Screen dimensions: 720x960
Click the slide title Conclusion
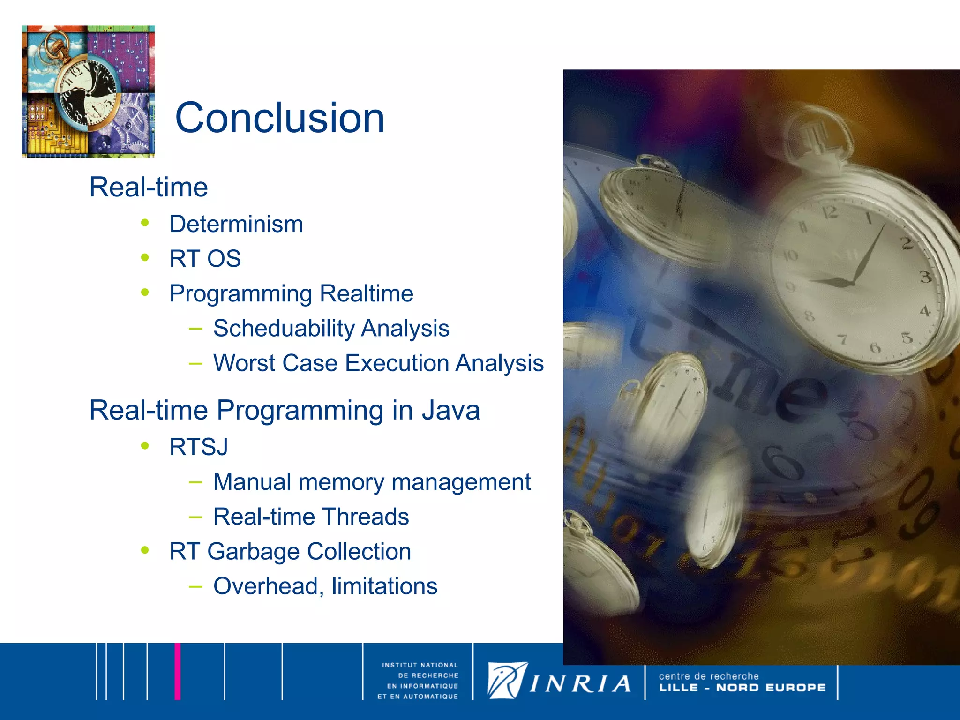point(280,118)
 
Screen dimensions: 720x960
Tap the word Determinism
point(236,224)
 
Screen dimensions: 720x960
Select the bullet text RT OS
point(205,259)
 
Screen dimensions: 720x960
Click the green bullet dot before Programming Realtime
point(145,292)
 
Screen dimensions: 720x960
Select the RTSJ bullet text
point(199,447)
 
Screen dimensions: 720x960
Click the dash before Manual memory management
point(195,481)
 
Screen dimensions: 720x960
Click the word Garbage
point(253,552)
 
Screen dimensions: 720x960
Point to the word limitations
point(384,586)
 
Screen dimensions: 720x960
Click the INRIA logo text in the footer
point(580,684)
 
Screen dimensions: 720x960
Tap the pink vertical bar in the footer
point(178,671)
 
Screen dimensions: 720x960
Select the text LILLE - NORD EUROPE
point(742,688)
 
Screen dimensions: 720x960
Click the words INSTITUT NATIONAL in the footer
point(420,665)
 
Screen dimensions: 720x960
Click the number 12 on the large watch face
point(830,212)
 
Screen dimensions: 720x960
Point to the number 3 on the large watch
point(925,277)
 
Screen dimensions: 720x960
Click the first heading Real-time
point(149,187)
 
